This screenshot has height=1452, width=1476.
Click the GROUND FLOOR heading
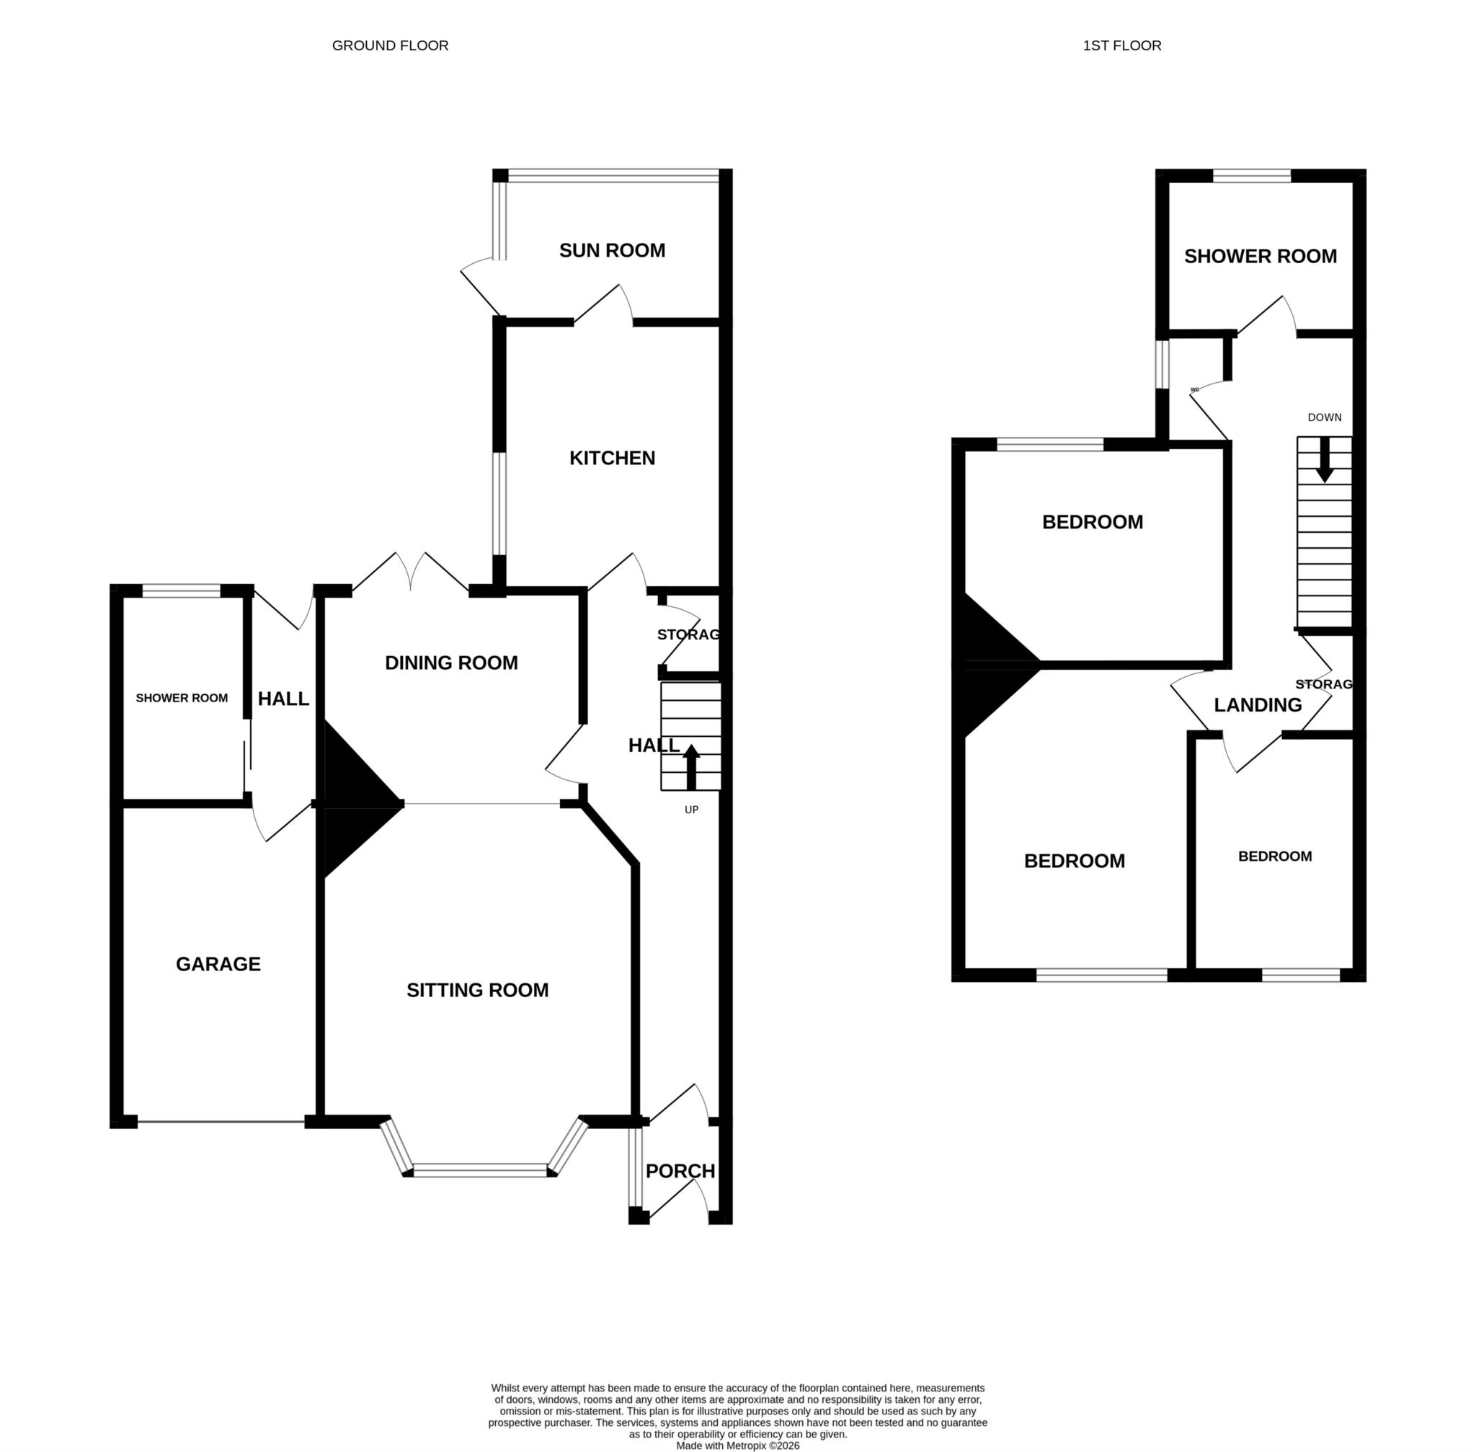point(390,45)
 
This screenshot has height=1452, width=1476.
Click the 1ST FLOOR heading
point(1121,45)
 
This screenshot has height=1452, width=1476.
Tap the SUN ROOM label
point(611,250)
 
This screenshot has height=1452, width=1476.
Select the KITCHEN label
point(611,458)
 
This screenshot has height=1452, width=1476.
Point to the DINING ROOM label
point(450,663)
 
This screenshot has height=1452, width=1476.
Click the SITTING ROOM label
point(477,990)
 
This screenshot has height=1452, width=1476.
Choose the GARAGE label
point(218,964)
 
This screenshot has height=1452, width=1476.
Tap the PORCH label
point(680,1171)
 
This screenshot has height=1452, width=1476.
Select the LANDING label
point(1257,704)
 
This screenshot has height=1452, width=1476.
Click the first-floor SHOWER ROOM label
point(1260,256)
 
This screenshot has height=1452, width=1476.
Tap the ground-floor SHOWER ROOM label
point(182,698)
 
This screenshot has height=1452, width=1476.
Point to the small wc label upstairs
point(1194,390)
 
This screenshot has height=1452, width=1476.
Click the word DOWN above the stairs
point(1324,417)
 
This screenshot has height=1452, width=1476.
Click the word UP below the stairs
point(690,809)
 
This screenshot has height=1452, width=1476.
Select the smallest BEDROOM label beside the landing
point(1274,856)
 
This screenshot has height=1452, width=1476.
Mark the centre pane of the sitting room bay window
point(479,1170)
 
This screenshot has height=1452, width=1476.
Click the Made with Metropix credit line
point(737,1445)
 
